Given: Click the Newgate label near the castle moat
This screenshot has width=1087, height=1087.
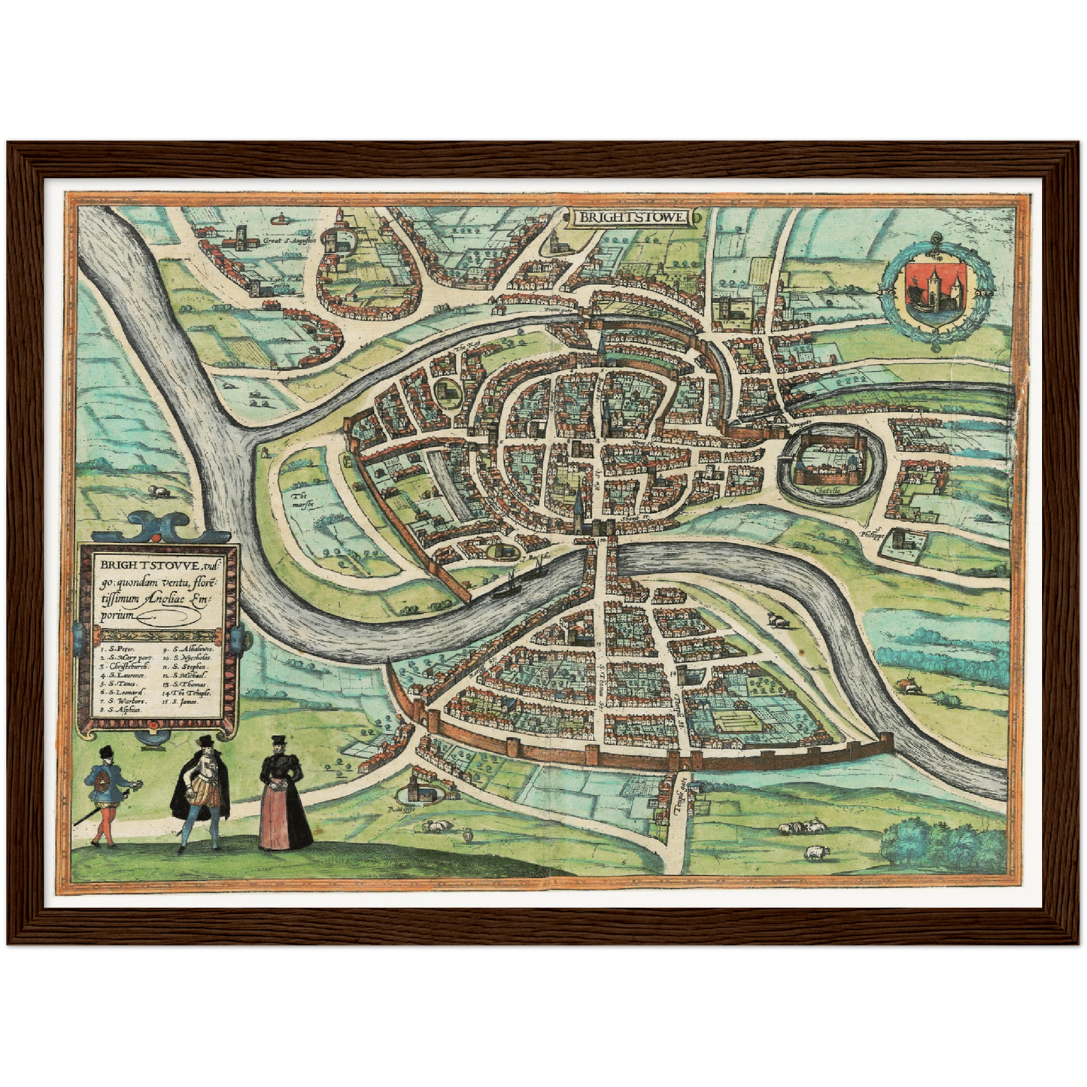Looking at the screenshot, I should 803,423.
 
